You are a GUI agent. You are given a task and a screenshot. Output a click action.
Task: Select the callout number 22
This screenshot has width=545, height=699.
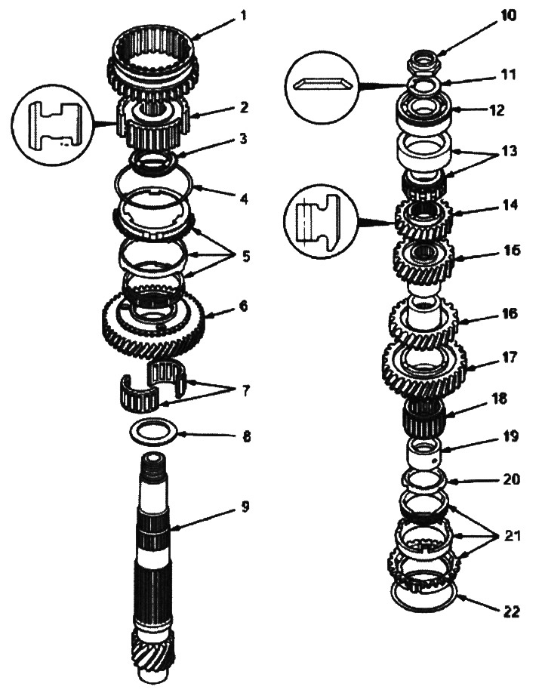point(512,612)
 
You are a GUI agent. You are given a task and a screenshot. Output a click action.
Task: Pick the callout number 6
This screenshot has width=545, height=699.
point(243,307)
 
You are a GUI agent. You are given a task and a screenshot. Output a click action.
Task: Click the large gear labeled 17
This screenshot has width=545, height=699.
point(424,368)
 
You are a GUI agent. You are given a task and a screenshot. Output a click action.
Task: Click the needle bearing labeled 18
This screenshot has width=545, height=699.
point(426,414)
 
